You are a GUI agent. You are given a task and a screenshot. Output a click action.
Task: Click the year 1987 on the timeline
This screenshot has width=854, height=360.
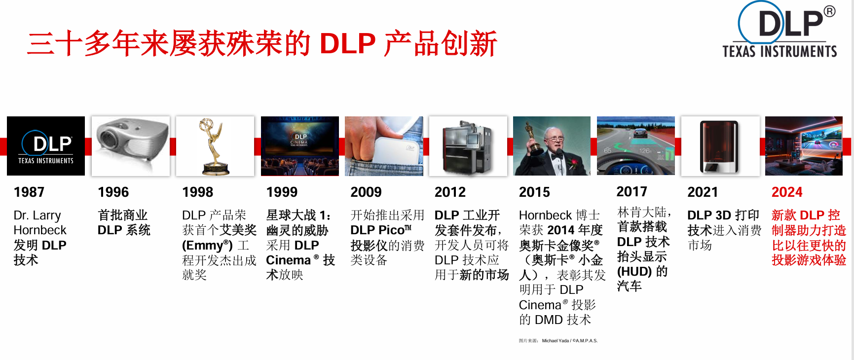(29, 192)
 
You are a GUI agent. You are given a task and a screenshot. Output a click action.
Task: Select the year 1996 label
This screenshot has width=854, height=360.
(113, 192)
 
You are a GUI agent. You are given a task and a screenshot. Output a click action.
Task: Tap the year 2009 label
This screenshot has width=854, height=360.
(366, 192)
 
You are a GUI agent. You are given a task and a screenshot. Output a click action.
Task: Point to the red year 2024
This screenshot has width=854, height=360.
(787, 192)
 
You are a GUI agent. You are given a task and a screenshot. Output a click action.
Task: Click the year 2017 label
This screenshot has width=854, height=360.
(632, 191)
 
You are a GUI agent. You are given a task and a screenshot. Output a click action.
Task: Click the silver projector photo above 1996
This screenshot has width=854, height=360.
(131, 146)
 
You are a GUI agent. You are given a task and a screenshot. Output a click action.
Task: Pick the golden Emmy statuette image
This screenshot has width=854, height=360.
(215, 146)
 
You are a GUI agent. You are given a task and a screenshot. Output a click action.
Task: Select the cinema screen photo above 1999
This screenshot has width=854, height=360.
(300, 146)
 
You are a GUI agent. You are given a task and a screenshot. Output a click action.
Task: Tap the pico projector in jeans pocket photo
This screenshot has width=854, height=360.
(384, 146)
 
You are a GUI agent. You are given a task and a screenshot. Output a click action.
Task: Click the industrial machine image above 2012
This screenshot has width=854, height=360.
(468, 146)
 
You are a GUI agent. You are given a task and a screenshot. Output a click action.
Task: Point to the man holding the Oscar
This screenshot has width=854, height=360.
(552, 146)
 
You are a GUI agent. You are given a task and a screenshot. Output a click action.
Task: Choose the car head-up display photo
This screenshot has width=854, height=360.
(636, 145)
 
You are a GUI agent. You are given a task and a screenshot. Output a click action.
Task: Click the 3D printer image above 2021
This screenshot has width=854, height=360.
(720, 146)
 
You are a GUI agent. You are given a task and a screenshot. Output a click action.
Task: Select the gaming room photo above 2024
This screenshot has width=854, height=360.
(804, 146)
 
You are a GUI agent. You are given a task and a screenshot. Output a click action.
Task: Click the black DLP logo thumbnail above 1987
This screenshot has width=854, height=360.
(46, 146)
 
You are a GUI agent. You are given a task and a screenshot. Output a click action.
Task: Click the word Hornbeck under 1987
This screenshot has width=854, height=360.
(40, 230)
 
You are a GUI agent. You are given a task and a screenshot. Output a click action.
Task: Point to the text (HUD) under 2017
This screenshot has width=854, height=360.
(635, 271)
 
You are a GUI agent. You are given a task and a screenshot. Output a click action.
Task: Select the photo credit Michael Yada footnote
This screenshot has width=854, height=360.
(558, 341)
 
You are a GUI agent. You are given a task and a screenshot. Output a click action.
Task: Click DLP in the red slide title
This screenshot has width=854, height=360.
(348, 43)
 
